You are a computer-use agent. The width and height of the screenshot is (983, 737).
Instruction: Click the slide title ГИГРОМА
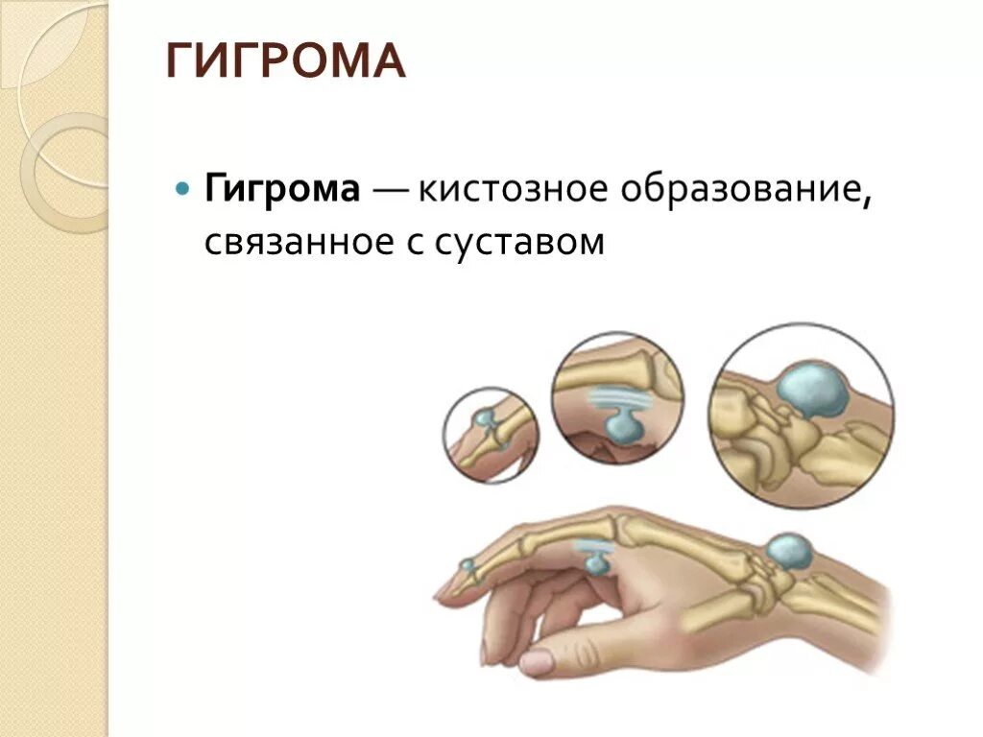point(286,62)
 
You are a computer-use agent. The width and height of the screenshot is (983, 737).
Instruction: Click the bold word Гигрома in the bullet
point(281,189)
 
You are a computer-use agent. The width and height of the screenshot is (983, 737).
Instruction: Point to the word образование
point(738,189)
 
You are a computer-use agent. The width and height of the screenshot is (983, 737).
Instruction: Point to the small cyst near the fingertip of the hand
point(468,566)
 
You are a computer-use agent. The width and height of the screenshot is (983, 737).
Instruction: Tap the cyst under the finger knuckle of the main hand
point(597,563)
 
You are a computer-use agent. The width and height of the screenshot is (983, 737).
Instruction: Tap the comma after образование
point(866,199)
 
